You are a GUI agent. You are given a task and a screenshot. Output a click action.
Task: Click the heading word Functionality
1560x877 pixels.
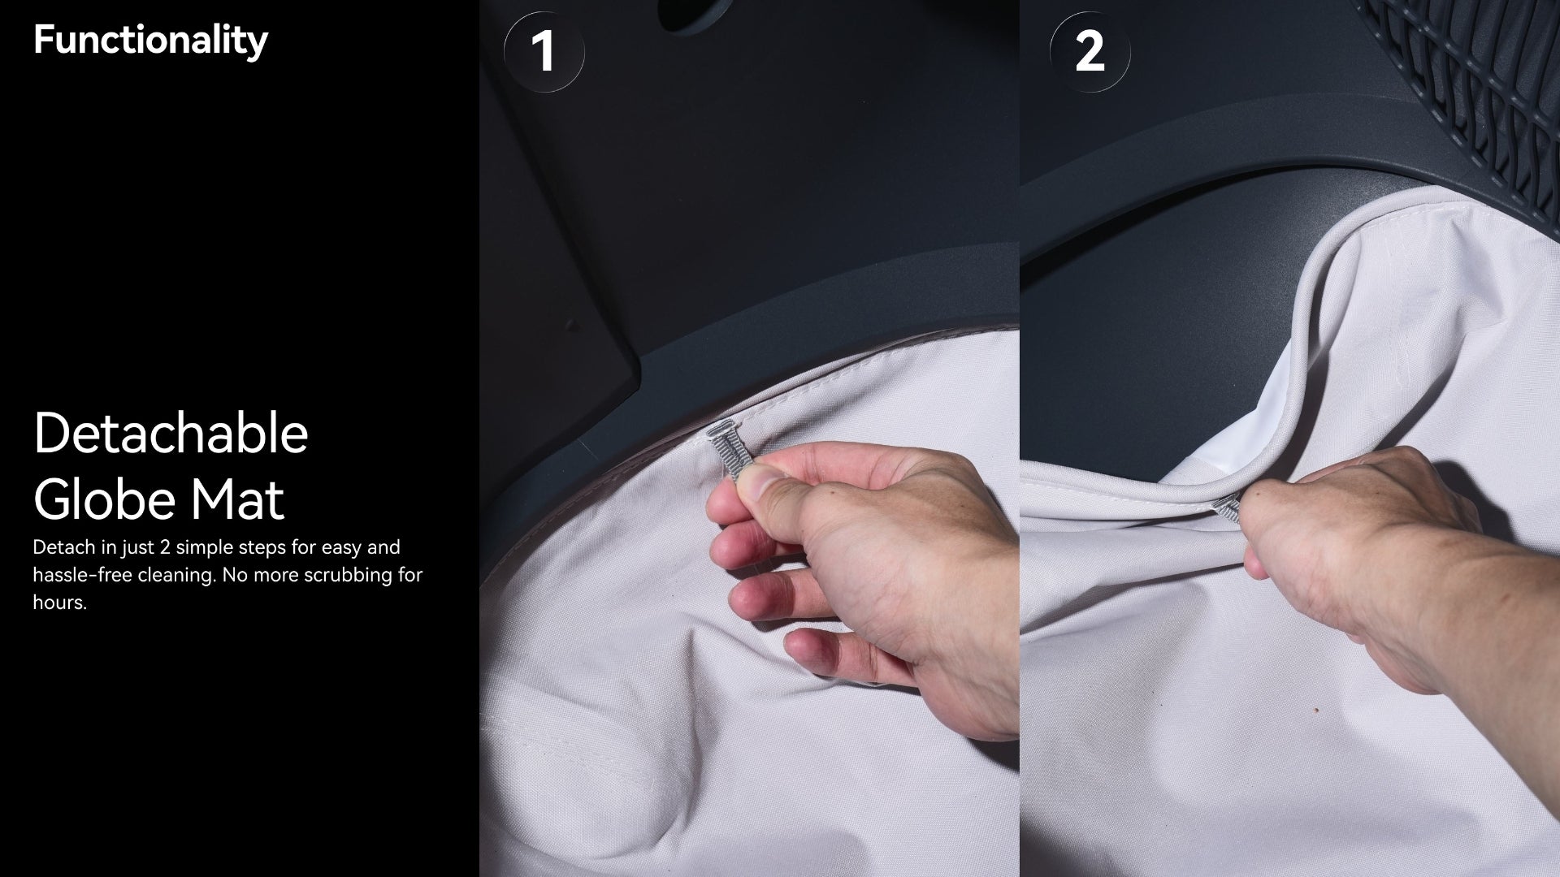click(x=150, y=41)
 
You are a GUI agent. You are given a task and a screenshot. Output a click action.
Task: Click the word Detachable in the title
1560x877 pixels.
click(x=171, y=433)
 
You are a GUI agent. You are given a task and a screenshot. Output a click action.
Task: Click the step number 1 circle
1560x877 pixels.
click(x=544, y=51)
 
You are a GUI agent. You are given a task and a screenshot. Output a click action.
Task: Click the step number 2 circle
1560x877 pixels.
click(x=1090, y=51)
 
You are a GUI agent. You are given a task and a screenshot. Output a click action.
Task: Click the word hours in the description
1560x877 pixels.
click(x=58, y=603)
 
